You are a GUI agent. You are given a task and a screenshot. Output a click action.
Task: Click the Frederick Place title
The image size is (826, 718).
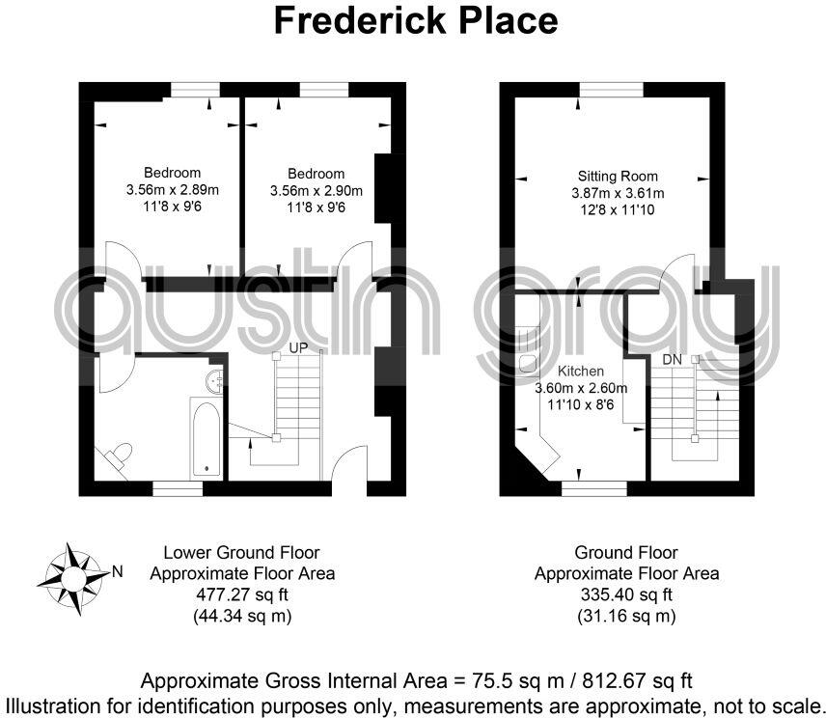tap(416, 21)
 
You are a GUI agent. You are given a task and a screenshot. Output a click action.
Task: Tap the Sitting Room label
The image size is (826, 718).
tap(618, 177)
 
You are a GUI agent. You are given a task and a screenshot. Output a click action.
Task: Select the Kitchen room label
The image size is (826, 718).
tap(581, 372)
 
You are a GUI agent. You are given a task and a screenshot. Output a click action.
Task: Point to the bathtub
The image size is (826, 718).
tap(206, 439)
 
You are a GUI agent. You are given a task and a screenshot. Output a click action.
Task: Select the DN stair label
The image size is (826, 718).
tap(673, 359)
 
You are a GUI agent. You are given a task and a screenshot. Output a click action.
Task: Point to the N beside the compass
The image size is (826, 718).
tap(117, 571)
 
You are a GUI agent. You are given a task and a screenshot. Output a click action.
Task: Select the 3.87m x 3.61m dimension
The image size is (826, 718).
tap(618, 193)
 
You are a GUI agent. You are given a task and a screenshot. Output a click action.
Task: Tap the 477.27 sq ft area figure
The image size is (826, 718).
tap(242, 594)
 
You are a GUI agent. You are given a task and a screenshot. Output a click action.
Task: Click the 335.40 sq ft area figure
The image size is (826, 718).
tap(626, 594)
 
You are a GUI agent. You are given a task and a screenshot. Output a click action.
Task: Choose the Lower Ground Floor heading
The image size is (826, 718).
tap(242, 553)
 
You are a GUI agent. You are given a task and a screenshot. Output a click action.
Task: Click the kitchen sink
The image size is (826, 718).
tap(527, 362)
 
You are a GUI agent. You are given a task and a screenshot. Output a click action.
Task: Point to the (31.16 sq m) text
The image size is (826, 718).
tap(626, 615)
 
